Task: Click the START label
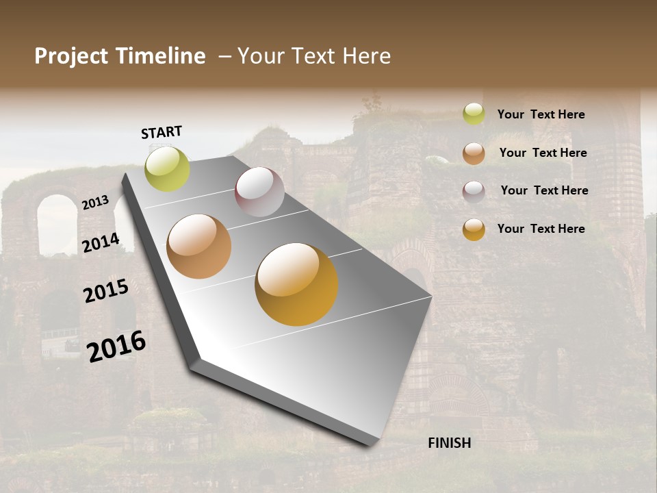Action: pos(162,132)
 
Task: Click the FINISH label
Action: pos(449,443)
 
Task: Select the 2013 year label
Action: pos(95,203)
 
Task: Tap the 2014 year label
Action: pos(101,242)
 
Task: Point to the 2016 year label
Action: pos(116,346)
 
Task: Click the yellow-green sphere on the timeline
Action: pos(167,168)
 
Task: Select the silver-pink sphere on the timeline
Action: pos(259,192)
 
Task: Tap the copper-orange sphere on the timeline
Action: pos(198,246)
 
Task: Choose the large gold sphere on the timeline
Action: pos(296,284)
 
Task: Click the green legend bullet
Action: pos(474,114)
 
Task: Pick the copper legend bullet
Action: pos(474,153)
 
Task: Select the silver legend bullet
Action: pos(474,191)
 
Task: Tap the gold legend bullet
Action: pos(474,229)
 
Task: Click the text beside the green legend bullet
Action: pos(541,114)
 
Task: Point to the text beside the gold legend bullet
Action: pos(541,229)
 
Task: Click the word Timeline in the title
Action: pos(161,56)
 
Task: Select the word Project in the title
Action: pos(71,56)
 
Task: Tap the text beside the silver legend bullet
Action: pos(544,190)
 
